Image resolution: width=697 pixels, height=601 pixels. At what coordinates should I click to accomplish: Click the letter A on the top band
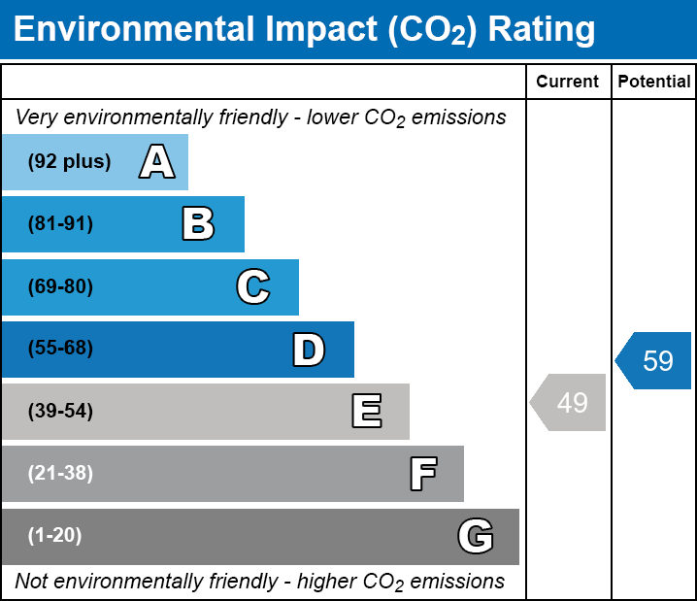click(157, 162)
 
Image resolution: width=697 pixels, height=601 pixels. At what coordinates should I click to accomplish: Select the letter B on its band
click(198, 224)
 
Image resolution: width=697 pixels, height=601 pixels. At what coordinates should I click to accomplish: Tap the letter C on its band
click(253, 286)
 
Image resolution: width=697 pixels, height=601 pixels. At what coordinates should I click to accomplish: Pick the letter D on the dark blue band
click(309, 350)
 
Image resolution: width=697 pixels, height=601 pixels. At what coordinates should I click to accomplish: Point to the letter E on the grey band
click(366, 412)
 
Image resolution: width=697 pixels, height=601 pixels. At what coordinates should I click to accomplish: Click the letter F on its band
click(422, 474)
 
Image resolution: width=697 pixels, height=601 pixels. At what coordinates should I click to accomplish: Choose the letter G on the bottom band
click(476, 536)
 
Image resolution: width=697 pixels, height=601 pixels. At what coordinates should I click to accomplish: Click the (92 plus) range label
click(69, 162)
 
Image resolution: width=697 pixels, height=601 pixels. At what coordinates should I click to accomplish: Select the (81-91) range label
click(60, 224)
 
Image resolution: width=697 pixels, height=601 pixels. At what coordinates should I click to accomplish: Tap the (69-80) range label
click(60, 286)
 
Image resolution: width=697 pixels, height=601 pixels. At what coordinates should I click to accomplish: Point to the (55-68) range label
click(60, 349)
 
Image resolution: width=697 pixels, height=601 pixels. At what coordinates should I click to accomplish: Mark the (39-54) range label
click(60, 412)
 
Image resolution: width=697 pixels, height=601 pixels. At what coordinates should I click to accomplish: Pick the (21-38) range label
click(60, 474)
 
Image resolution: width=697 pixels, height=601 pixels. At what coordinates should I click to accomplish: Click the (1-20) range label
click(55, 536)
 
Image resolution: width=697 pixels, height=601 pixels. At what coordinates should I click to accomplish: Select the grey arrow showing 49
click(569, 402)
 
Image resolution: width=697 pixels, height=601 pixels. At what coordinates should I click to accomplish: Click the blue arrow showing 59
click(654, 361)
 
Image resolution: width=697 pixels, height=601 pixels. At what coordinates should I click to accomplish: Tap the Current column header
click(568, 83)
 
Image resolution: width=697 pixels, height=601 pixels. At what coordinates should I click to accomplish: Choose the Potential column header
click(654, 83)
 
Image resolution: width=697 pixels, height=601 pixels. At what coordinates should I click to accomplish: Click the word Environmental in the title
click(132, 30)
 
